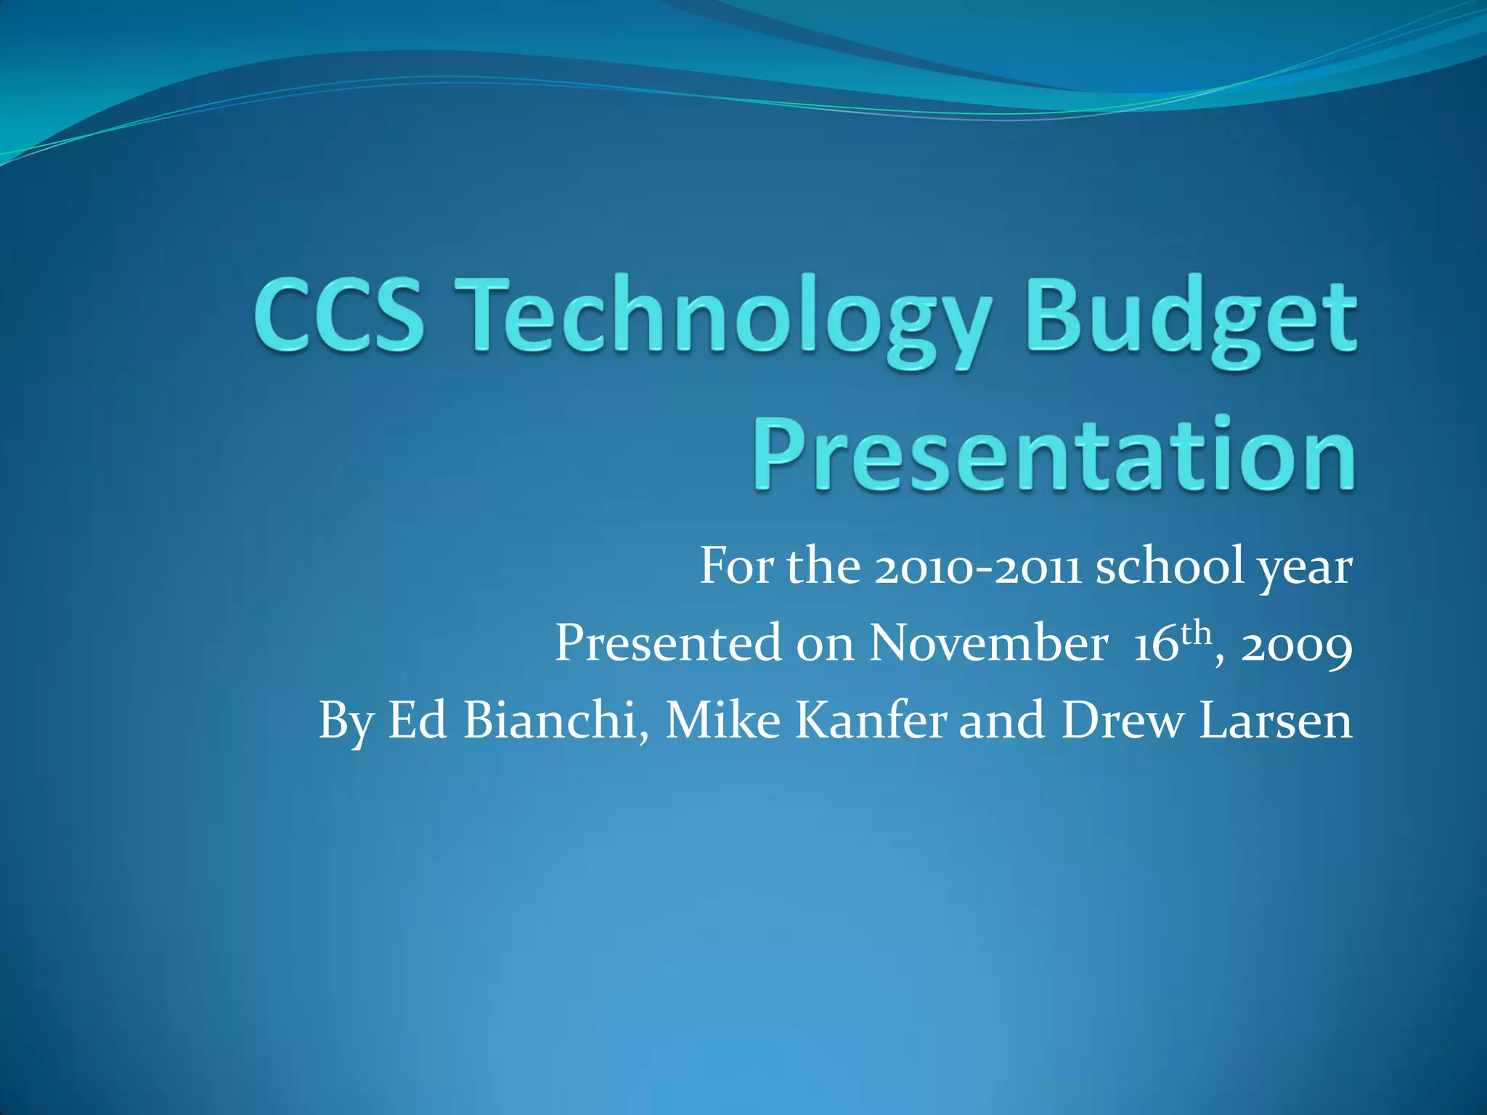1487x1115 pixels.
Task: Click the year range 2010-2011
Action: (x=977, y=567)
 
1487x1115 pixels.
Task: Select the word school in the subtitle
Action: (x=1170, y=565)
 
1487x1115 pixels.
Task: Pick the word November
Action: (x=988, y=642)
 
